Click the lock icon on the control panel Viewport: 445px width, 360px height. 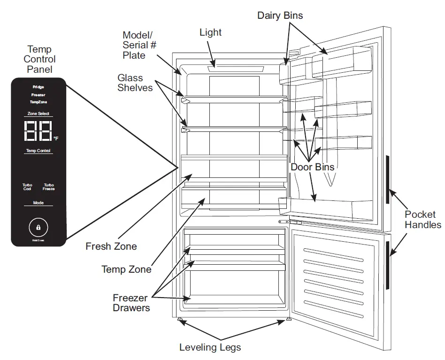[38, 227]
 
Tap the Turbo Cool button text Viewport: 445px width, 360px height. [27, 187]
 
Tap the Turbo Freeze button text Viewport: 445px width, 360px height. [49, 187]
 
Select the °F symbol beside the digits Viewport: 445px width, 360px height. [56, 138]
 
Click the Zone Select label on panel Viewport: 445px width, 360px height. [38, 114]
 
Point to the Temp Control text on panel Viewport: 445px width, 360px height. [38, 151]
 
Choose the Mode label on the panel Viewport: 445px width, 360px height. [38, 203]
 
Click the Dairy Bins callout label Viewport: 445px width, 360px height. [280, 15]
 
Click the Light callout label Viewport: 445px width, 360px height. [210, 32]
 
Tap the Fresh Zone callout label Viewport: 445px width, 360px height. [111, 246]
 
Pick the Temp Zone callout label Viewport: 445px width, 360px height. [127, 269]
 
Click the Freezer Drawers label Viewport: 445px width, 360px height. [131, 303]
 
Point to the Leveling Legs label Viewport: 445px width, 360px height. [210, 348]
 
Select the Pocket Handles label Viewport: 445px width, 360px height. [423, 219]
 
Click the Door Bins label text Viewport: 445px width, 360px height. [312, 167]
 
